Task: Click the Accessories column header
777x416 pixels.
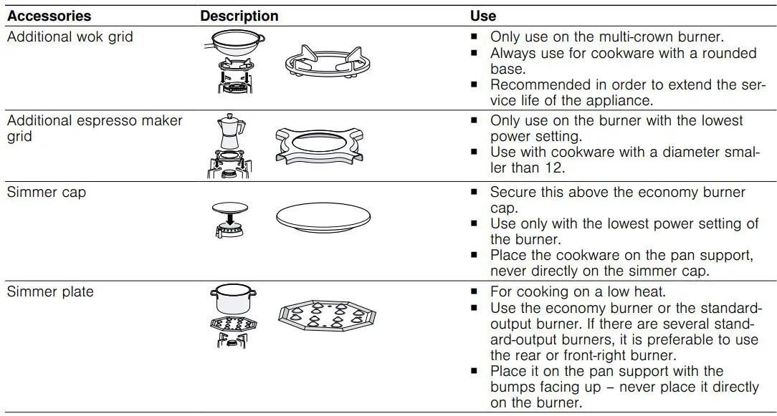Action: [49, 15]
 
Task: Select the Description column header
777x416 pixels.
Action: [239, 15]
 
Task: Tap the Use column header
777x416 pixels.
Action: [482, 15]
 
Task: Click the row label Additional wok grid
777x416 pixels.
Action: [70, 37]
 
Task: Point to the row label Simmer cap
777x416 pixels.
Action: [46, 192]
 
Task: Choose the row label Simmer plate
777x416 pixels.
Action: [50, 291]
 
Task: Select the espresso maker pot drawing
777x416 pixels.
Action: [229, 131]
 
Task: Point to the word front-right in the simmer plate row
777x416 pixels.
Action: [621, 355]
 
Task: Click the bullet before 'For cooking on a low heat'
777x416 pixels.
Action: [474, 292]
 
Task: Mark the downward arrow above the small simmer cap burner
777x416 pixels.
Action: [231, 216]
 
